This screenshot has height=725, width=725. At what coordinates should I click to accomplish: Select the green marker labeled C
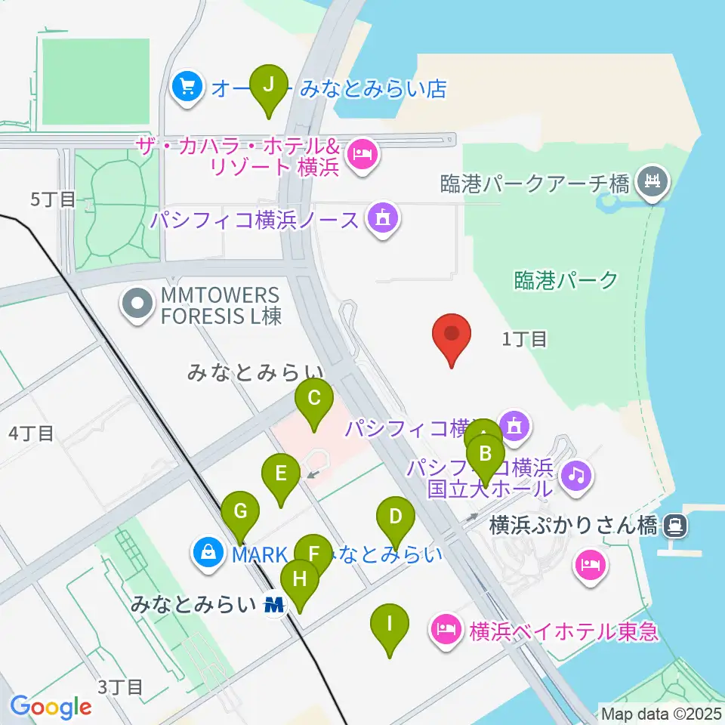point(314,401)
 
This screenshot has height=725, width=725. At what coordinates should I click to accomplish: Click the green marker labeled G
point(240,514)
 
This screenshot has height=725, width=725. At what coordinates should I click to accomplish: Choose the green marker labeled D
point(395,520)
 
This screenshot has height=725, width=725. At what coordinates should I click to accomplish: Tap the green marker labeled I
point(390,627)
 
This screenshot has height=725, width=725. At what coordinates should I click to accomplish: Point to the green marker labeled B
point(485,458)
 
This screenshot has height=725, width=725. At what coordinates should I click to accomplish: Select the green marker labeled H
point(300,582)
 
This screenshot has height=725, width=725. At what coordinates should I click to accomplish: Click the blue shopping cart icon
point(187,88)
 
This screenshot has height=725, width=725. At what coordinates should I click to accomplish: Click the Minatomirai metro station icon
point(275,604)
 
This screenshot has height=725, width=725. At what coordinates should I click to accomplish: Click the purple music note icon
point(578,474)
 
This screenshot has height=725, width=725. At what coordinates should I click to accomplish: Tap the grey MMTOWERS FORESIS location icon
point(137,305)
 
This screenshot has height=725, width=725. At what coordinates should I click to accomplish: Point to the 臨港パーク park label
point(566,280)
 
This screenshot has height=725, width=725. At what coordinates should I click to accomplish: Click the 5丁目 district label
point(53,199)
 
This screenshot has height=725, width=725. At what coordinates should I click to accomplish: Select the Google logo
point(51,707)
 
